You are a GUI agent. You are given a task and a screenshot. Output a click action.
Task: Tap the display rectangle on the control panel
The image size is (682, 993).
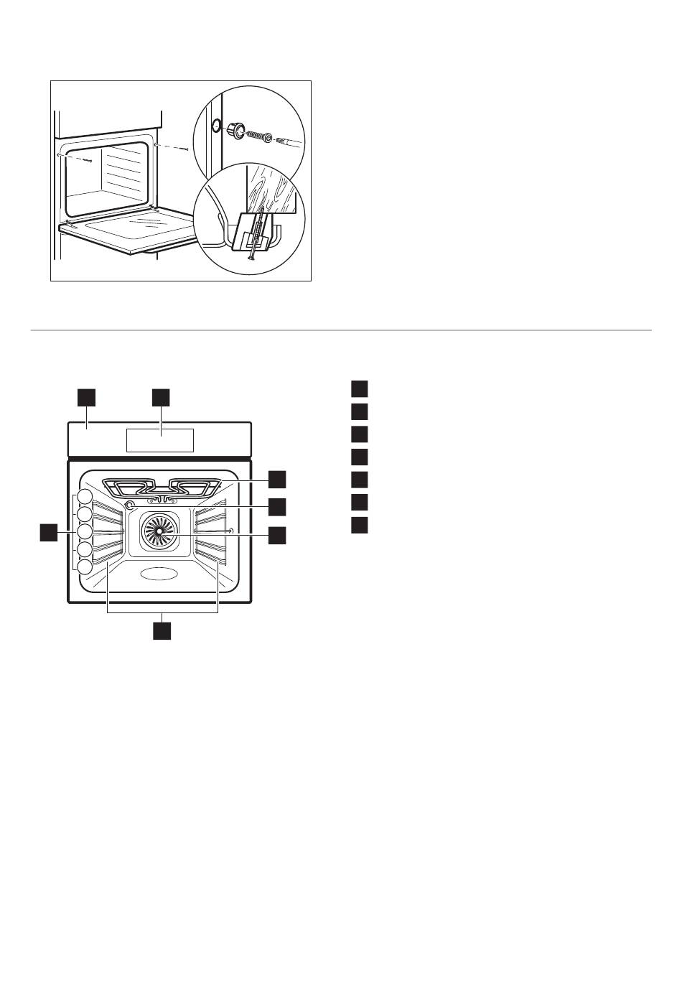(160, 439)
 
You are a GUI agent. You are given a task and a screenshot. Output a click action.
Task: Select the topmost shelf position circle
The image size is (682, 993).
(85, 496)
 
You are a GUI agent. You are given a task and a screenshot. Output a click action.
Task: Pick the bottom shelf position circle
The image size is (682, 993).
(85, 567)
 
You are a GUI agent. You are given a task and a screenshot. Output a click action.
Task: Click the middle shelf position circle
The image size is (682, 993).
(85, 531)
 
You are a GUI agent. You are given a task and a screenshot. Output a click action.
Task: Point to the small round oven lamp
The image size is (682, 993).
(130, 505)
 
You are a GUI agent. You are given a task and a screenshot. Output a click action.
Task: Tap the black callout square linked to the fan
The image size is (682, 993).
(277, 535)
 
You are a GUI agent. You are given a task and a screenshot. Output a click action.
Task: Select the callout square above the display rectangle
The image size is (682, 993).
(160, 397)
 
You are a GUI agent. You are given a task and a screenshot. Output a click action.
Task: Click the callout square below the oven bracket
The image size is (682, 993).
(163, 630)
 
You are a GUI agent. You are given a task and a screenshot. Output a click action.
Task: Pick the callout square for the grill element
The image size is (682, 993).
(277, 479)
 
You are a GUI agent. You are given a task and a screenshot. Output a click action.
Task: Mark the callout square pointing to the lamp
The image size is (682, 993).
(277, 506)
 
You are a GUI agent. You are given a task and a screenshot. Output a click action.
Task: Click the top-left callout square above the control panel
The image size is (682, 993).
(87, 397)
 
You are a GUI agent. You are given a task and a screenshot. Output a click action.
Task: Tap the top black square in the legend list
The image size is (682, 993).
(360, 388)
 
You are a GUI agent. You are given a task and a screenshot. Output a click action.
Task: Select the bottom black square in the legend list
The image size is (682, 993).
(360, 525)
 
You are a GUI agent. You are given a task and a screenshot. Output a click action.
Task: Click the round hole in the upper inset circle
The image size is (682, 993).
(214, 125)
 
